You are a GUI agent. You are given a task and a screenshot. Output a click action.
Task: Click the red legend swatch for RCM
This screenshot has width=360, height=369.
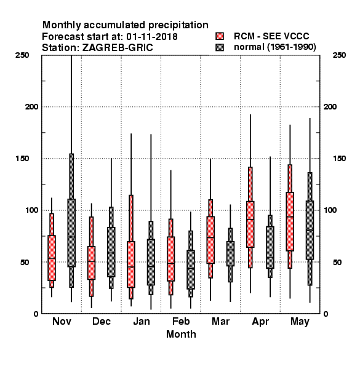pyautogui.click(x=220, y=36)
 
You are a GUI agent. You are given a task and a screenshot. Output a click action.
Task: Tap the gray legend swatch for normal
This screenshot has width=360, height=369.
pyautogui.click(x=220, y=47)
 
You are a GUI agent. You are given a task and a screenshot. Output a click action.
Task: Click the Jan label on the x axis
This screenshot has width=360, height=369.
pyautogui.click(x=142, y=321)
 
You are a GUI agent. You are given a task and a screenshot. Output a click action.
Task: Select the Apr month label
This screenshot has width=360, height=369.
pyautogui.click(x=260, y=322)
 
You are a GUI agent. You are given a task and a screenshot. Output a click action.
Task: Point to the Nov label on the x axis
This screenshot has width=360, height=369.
pyautogui.click(x=62, y=321)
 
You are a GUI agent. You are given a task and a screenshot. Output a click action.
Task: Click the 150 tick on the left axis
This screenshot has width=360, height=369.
pyautogui.click(x=22, y=159)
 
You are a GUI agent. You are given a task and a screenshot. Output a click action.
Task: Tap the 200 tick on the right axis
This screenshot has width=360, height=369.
pyautogui.click(x=330, y=106)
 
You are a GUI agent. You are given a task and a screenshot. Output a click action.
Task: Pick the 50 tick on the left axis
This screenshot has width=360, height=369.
pyautogui.click(x=25, y=262)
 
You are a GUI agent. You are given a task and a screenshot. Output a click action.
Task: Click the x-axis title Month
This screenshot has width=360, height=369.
pyautogui.click(x=181, y=334)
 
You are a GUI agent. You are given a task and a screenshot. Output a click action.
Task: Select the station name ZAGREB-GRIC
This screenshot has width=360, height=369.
pyautogui.click(x=118, y=48)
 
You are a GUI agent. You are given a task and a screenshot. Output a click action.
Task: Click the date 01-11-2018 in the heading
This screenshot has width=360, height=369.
pyautogui.click(x=152, y=37)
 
